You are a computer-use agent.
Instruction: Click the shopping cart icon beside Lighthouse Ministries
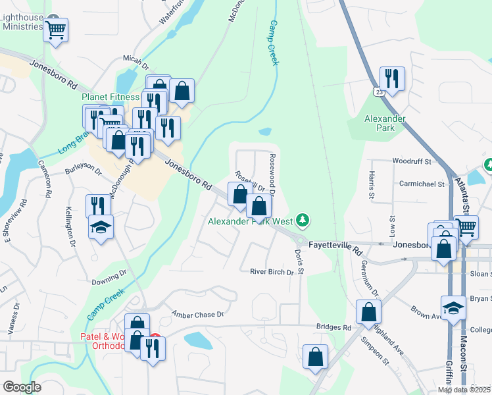(x=56, y=29)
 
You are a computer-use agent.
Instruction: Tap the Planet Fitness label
(x=111, y=97)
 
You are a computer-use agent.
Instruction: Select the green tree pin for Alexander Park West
(x=303, y=219)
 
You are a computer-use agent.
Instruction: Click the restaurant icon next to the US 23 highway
(x=392, y=79)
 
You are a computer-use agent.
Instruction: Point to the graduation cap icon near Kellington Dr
(x=100, y=228)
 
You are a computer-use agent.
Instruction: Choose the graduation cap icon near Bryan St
(x=453, y=307)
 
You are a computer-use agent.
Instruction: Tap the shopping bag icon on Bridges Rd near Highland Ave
(x=368, y=311)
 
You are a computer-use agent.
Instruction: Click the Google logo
(x=22, y=386)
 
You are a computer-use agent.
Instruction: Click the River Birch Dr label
(x=271, y=271)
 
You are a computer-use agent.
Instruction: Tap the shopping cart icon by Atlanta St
(x=466, y=228)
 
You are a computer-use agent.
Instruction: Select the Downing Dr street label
(x=109, y=277)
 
